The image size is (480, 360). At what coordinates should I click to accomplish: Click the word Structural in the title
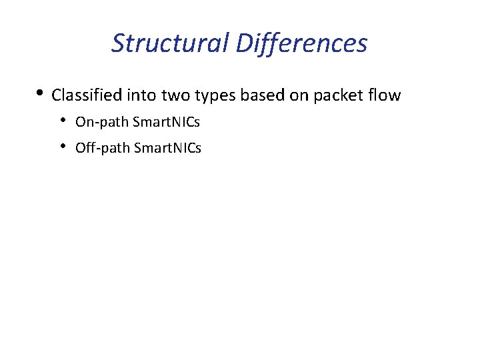tap(170, 43)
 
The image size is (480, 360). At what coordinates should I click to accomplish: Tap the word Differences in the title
tap(301, 43)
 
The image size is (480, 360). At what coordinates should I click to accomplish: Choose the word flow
tap(385, 95)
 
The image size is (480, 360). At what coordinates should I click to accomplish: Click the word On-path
tap(102, 122)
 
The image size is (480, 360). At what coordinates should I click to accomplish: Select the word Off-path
tap(103, 147)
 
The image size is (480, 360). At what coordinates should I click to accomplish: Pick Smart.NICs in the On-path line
tap(166, 122)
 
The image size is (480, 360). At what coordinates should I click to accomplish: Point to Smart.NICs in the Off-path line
tap(167, 147)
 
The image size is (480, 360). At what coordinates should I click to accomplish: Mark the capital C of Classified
tap(56, 95)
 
